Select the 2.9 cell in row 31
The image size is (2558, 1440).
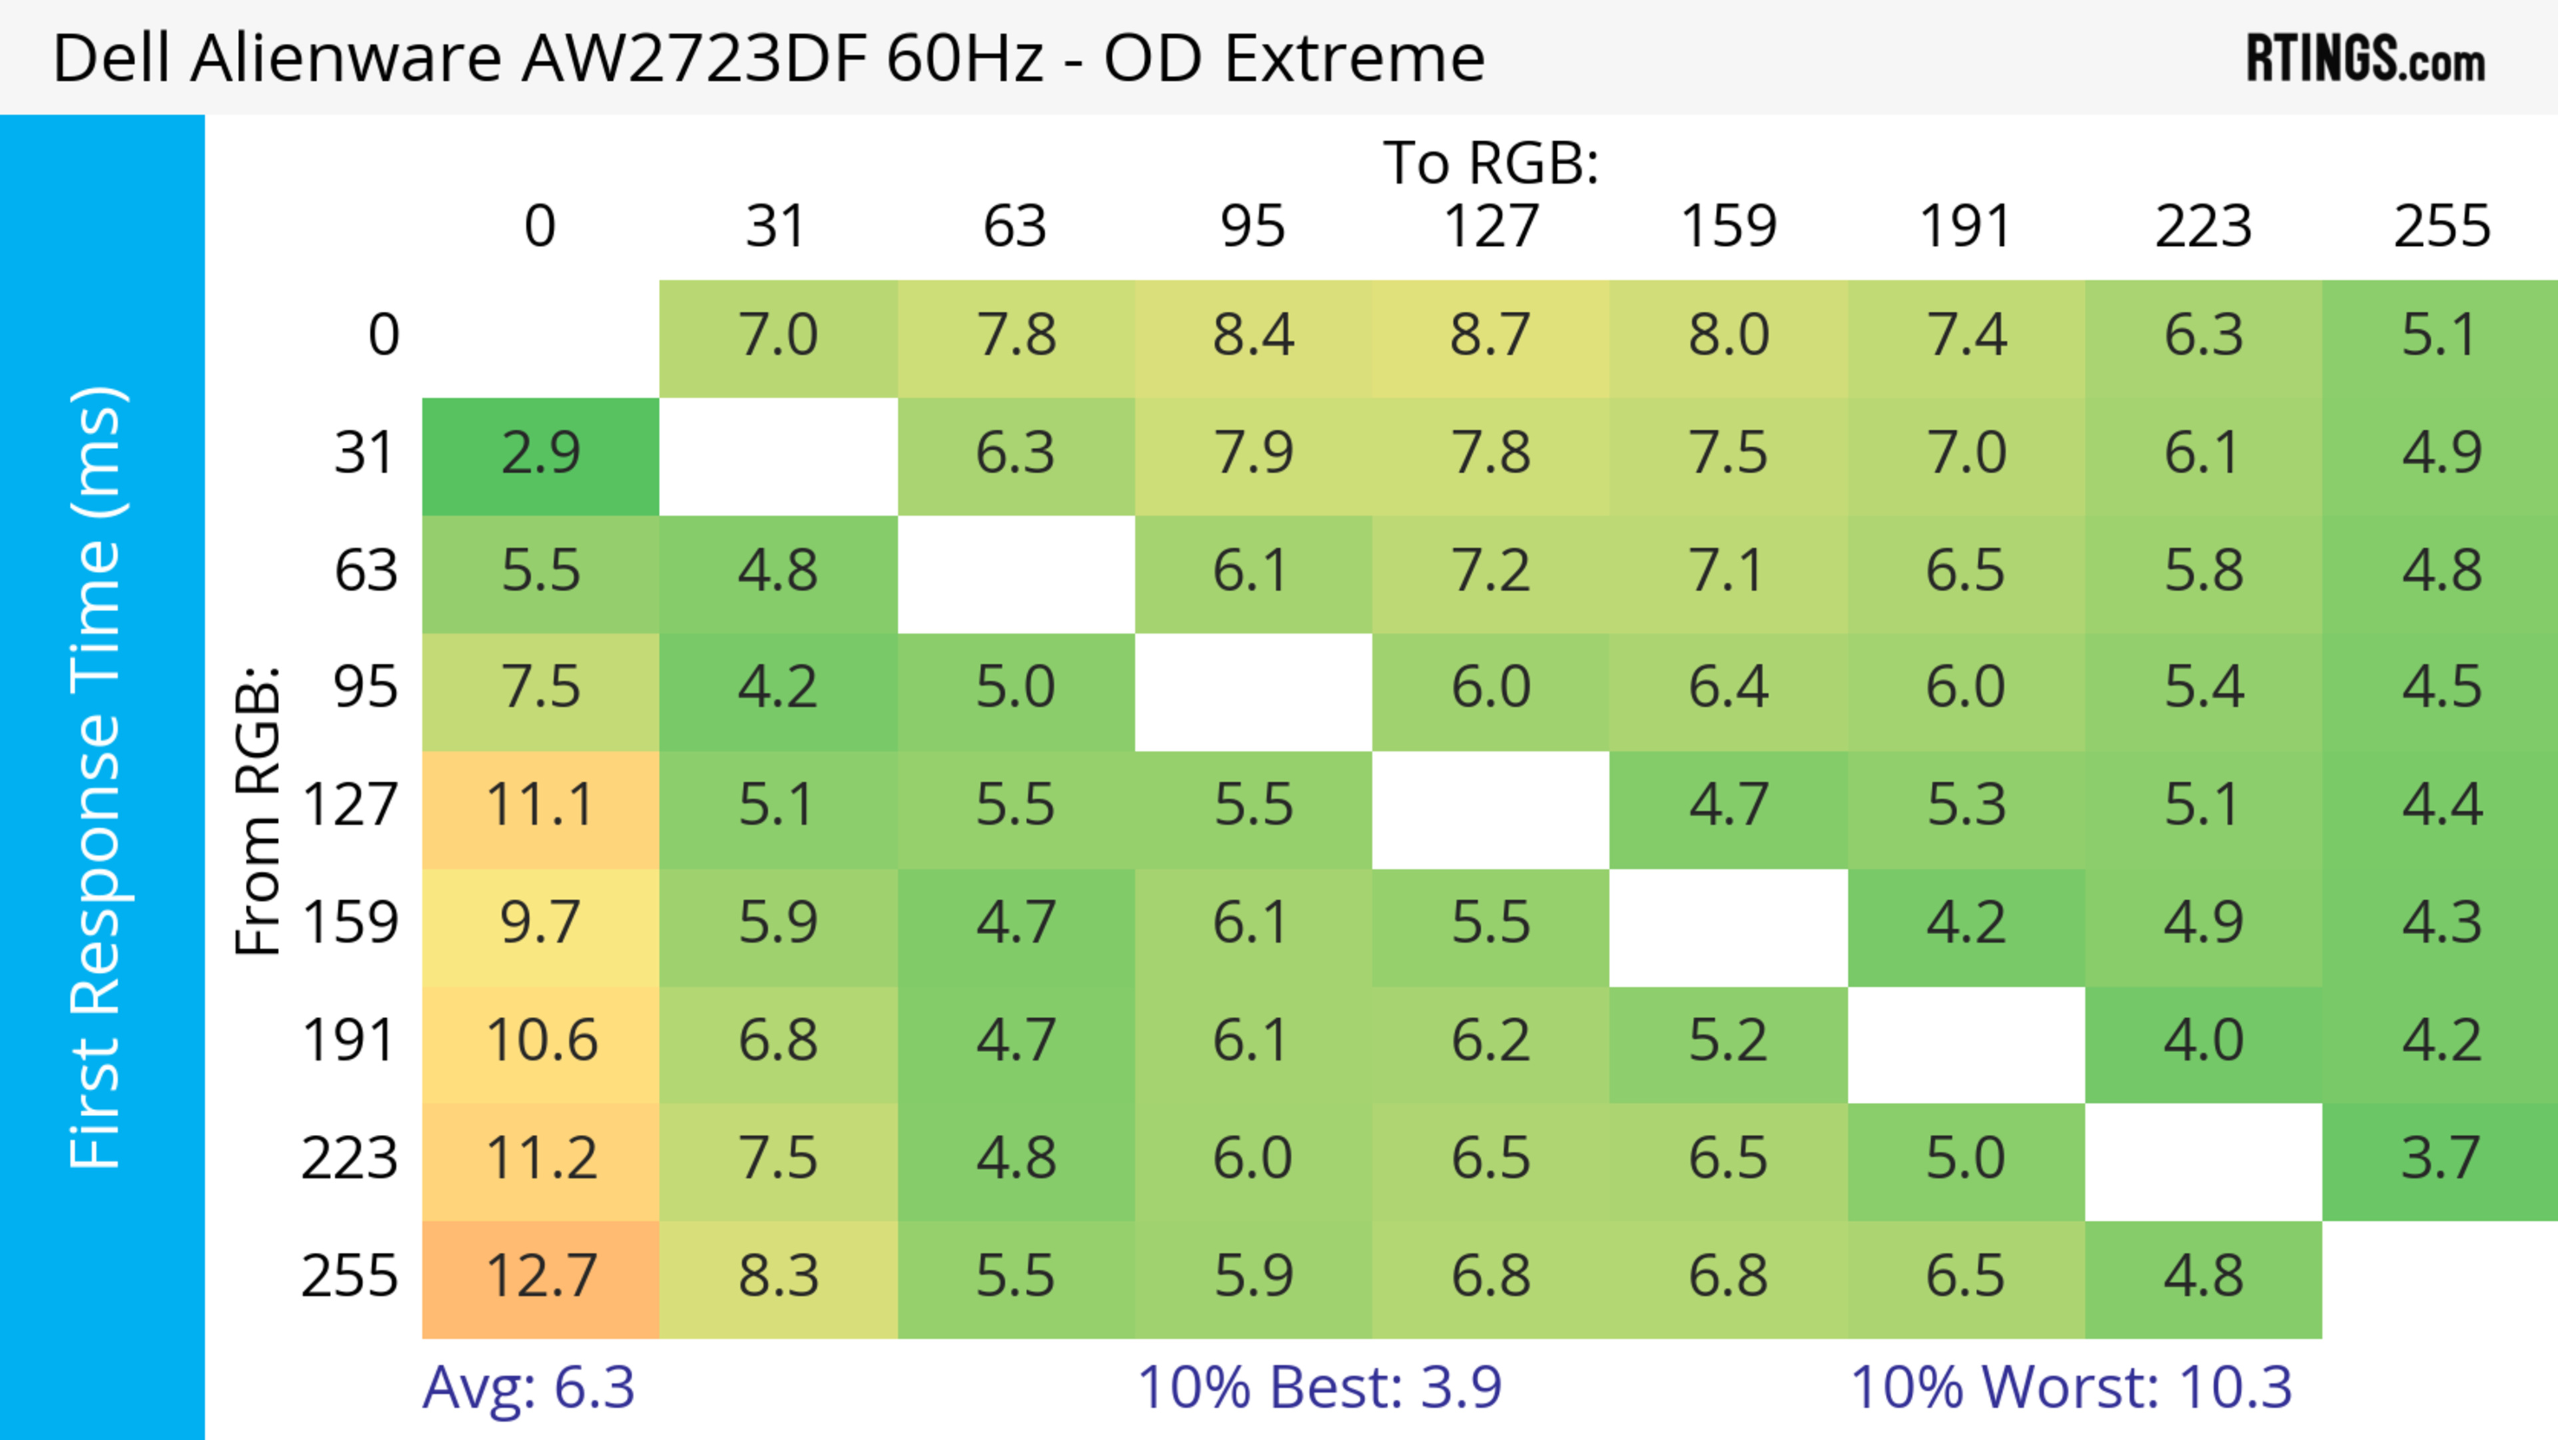(540, 454)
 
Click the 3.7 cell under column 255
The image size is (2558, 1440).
(2441, 1159)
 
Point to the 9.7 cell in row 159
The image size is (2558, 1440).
(540, 924)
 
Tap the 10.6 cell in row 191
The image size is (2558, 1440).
(540, 1042)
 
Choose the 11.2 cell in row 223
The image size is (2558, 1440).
(540, 1159)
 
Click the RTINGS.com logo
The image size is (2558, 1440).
(2365, 59)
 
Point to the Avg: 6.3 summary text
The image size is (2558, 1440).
(528, 1387)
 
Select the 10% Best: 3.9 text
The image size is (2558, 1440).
(1319, 1387)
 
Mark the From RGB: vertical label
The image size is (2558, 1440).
(258, 810)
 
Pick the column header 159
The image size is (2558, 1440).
(1728, 227)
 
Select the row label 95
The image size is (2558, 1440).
(366, 687)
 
